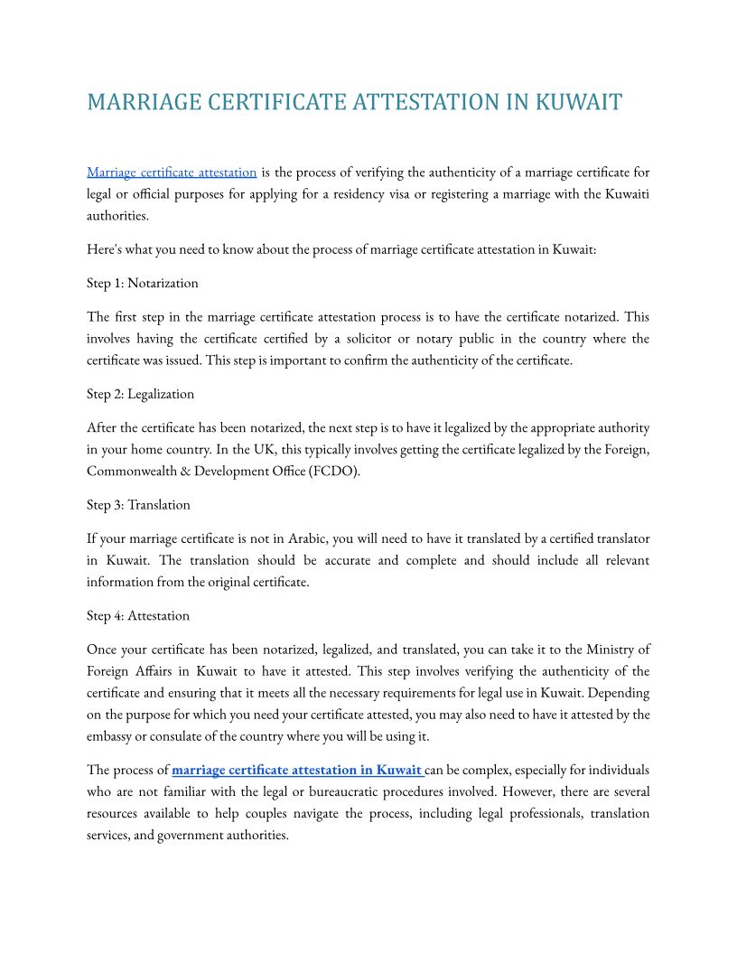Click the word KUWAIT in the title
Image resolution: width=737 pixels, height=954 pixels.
579,102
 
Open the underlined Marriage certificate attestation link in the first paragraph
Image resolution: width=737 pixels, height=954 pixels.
172,172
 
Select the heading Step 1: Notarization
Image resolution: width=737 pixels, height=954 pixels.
143,283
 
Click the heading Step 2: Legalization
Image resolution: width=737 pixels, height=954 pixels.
140,394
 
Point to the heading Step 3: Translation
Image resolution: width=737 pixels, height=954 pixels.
138,504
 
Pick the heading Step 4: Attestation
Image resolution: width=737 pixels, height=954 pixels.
138,615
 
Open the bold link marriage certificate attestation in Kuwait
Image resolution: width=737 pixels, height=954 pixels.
296,770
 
